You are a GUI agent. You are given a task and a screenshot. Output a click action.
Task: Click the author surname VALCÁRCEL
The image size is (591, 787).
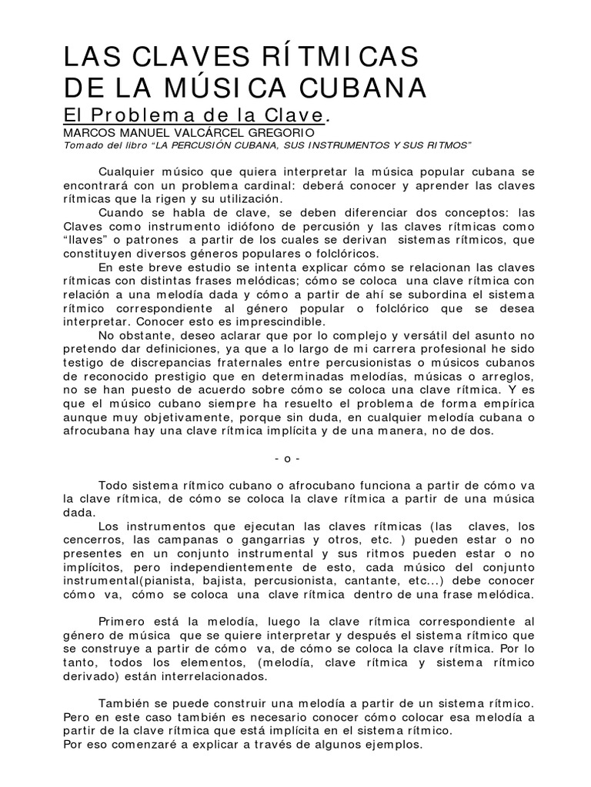192,133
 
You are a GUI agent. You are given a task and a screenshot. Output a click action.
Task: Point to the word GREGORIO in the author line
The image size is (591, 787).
259,133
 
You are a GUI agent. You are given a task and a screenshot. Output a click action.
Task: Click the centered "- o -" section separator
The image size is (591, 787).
287,459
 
